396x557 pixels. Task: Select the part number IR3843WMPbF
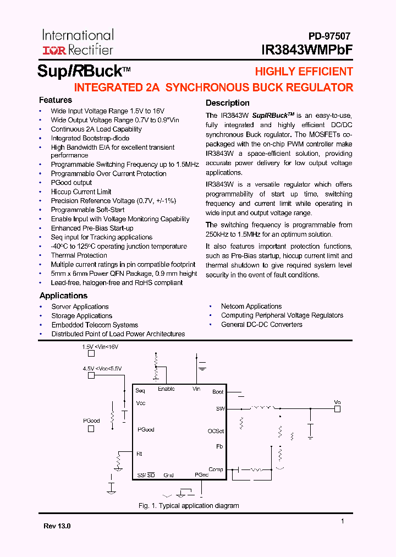(307, 50)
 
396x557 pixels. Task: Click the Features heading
(55, 100)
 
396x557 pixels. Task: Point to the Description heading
(227, 103)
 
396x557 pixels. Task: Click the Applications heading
(63, 296)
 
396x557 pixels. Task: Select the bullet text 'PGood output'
(71, 183)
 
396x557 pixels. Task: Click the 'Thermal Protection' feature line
(79, 255)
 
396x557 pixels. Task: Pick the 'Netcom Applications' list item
(251, 307)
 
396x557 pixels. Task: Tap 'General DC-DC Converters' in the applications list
(262, 325)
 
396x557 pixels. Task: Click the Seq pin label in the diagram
(140, 391)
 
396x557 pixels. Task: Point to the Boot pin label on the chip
(218, 392)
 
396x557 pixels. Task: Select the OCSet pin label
(216, 431)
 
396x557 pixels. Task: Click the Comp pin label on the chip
(216, 469)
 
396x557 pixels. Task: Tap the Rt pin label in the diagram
(139, 454)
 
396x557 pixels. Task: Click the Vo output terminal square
(338, 409)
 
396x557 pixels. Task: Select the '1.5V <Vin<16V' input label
(100, 347)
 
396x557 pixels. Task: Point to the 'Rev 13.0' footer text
(57, 526)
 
